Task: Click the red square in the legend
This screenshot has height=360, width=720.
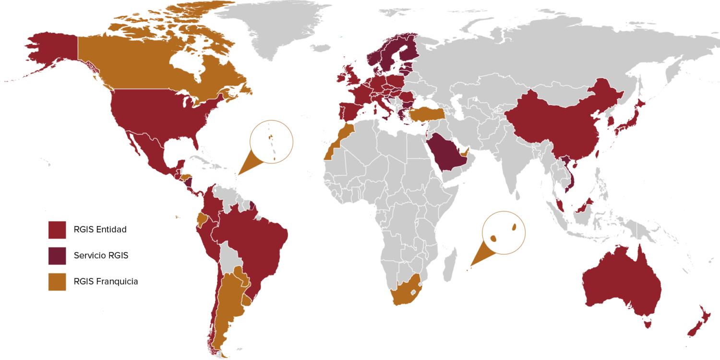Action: tap(57, 230)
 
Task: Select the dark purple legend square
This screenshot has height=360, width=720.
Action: tap(57, 256)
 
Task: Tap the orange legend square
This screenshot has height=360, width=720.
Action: tap(57, 282)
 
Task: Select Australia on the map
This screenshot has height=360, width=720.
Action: tap(619, 283)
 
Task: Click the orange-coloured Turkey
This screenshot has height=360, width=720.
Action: tap(425, 114)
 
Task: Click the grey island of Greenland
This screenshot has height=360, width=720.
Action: tap(269, 24)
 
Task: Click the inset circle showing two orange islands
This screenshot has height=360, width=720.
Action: tap(504, 233)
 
